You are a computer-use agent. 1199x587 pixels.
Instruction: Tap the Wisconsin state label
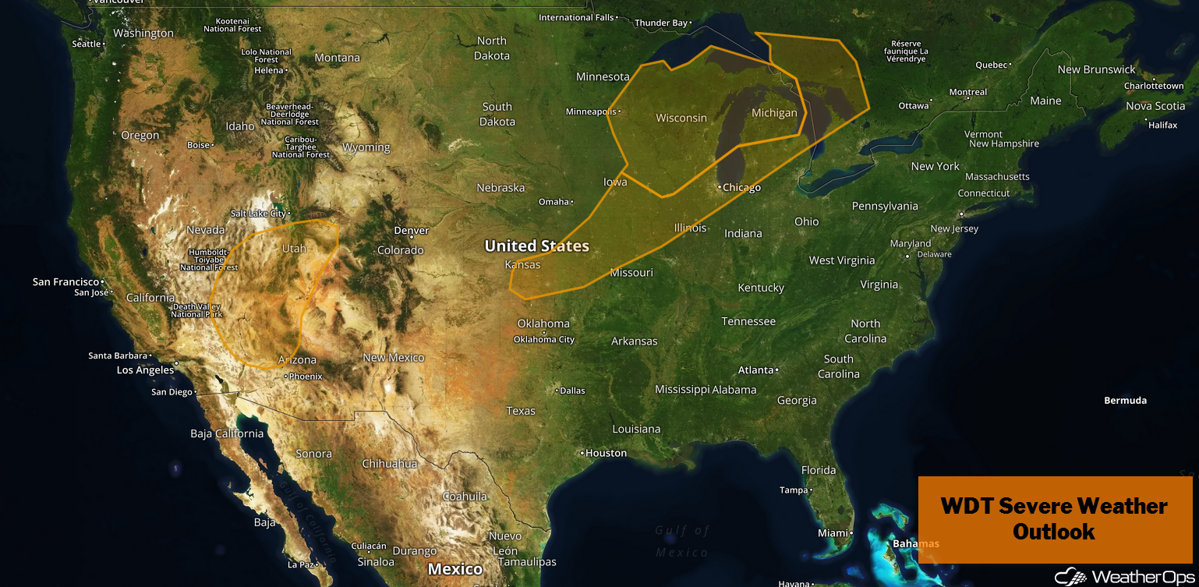point(681,118)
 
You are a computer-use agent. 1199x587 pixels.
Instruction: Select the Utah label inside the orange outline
point(294,249)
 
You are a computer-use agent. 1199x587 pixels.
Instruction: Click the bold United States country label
point(536,246)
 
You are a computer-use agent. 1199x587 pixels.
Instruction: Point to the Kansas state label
point(522,264)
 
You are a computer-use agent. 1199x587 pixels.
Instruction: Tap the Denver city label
point(411,231)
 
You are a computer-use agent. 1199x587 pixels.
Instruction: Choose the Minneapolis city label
point(590,111)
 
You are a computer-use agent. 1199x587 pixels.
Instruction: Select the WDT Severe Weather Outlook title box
point(1054,519)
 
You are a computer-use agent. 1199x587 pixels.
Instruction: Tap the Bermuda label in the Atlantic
point(1125,401)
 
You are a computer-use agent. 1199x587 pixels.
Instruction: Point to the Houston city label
point(606,453)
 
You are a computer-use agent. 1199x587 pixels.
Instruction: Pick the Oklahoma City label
point(544,339)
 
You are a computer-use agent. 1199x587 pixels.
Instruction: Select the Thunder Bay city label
point(661,23)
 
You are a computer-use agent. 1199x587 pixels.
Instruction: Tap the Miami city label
point(832,533)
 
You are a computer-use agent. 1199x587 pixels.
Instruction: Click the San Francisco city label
point(66,281)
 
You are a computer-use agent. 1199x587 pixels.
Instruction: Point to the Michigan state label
point(774,113)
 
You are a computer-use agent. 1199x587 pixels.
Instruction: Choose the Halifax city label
point(1162,125)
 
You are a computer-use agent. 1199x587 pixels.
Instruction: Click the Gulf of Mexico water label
point(682,541)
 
